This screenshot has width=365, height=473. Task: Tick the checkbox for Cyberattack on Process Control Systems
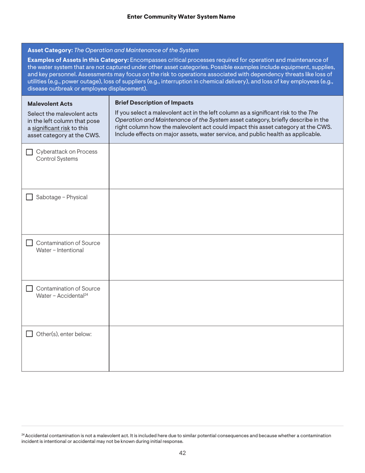(29, 152)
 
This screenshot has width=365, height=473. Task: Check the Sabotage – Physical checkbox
(29, 198)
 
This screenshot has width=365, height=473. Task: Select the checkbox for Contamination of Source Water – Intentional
(29, 243)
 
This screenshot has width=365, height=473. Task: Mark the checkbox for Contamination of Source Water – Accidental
(29, 288)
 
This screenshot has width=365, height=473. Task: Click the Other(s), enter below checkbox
(29, 334)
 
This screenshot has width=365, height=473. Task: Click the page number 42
(182, 453)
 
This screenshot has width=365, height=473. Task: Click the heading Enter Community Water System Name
(181, 17)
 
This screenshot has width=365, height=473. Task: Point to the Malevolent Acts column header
(47, 103)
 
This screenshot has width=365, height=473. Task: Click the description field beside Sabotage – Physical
(226, 212)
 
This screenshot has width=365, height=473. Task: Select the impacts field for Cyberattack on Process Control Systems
(226, 166)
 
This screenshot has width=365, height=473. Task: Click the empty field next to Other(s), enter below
(226, 348)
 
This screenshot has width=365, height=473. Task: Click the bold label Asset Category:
(50, 50)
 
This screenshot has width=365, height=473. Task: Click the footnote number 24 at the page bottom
(23, 435)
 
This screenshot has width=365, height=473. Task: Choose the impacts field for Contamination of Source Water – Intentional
(226, 257)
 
